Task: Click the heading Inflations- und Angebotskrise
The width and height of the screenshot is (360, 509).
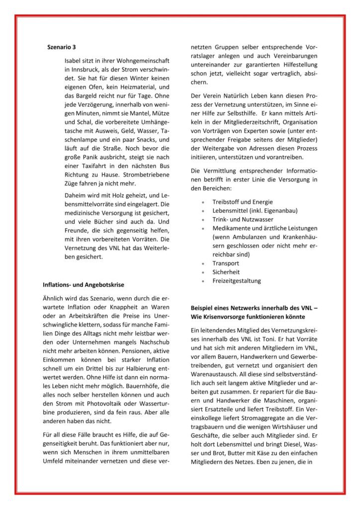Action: click(x=83, y=285)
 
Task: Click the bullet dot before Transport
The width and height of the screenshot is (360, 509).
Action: click(x=203, y=263)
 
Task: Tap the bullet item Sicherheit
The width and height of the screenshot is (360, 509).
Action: click(x=226, y=272)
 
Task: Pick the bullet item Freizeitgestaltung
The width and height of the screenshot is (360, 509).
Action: click(x=236, y=281)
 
